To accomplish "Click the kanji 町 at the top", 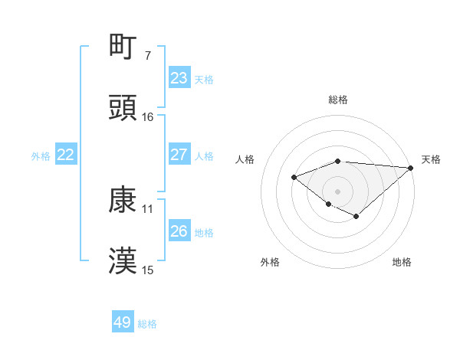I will (123, 47).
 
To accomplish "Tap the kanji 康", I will (123, 200).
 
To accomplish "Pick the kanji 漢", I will (123, 260).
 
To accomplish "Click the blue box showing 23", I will (179, 78).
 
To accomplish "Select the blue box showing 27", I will (179, 155).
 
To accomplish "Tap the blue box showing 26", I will (179, 231).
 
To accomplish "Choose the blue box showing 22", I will (66, 155).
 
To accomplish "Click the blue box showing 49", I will (123, 322).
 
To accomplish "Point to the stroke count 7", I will (148, 56).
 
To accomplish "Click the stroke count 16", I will (148, 117).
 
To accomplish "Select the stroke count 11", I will (148, 208).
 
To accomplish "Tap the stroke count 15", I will (148, 270).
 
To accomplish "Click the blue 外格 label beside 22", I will (41, 156).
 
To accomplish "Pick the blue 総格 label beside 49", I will (147, 324).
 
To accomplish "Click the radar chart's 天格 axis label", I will (431, 159).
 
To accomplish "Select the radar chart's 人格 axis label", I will (245, 159).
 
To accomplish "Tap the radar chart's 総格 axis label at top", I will (338, 100).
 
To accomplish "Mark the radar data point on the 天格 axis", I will (411, 168).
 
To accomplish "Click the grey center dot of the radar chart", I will (337, 191).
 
